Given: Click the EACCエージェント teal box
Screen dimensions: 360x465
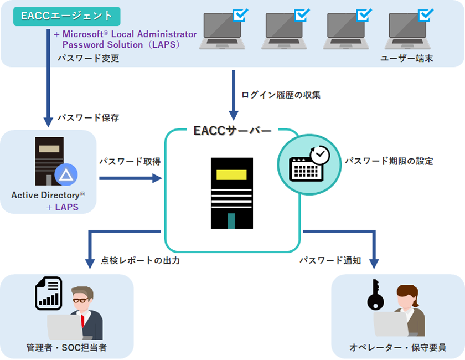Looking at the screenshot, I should [x=66, y=17].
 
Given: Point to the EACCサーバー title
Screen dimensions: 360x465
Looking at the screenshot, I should [x=232, y=131].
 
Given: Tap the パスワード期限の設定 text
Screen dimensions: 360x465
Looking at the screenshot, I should [x=389, y=161].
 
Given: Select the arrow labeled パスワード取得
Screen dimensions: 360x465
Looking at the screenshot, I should [x=130, y=178].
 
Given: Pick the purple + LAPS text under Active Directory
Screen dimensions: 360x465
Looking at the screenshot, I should [x=63, y=208].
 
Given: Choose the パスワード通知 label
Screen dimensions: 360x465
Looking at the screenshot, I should [x=330, y=260].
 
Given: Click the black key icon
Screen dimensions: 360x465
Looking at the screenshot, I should [x=375, y=295].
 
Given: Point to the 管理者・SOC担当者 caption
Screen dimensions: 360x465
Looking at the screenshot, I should [x=66, y=348].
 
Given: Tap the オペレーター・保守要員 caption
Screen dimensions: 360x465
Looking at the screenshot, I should [x=397, y=348].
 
